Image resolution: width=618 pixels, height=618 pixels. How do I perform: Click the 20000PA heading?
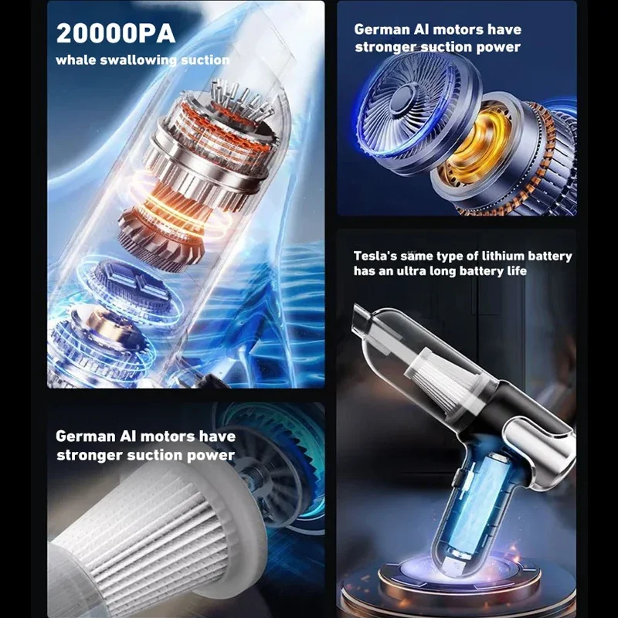115,33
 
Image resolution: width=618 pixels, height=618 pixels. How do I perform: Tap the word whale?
76,59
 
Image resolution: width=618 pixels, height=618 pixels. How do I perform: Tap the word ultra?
429,271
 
